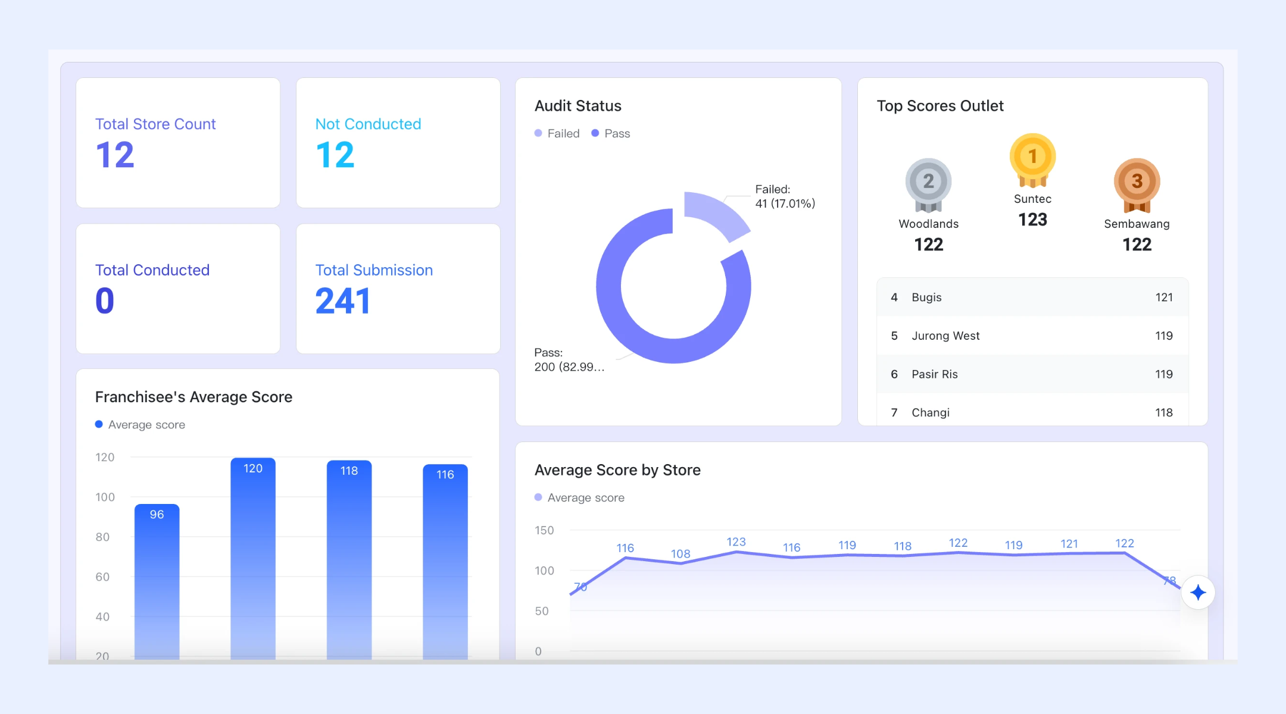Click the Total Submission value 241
click(342, 301)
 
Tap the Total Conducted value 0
click(105, 301)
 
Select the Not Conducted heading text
click(368, 124)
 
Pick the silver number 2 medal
click(928, 184)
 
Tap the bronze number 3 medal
click(1137, 184)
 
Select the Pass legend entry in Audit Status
click(611, 133)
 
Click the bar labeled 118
click(349, 559)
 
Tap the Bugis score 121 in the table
click(1164, 297)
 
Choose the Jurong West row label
click(945, 336)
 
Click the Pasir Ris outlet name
click(935, 374)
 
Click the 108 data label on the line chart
click(681, 553)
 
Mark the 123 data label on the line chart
click(736, 541)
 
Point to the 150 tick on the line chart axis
click(544, 530)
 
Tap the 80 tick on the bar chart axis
click(102, 537)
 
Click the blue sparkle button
click(1198, 593)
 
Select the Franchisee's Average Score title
click(193, 397)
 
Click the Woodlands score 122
click(929, 245)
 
